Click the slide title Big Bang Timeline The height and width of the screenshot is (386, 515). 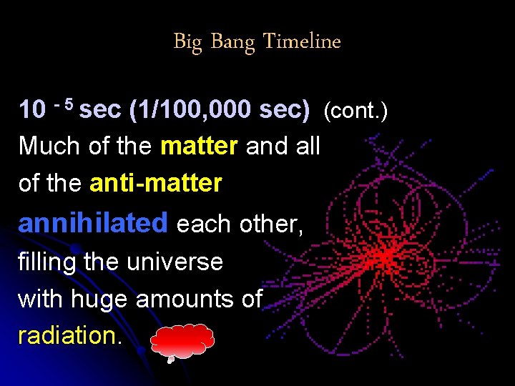(257, 41)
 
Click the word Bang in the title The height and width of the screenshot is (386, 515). (232, 42)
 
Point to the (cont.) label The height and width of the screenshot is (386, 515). (355, 111)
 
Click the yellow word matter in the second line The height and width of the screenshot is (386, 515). (199, 147)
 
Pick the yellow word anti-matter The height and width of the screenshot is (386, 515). (156, 184)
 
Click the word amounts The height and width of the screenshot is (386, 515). (199, 298)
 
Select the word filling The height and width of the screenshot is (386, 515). (47, 262)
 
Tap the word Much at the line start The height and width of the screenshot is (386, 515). (46, 147)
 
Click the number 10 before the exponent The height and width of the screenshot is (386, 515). (33, 109)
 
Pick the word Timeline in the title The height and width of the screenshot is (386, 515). (301, 41)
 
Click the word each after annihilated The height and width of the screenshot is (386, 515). (205, 224)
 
